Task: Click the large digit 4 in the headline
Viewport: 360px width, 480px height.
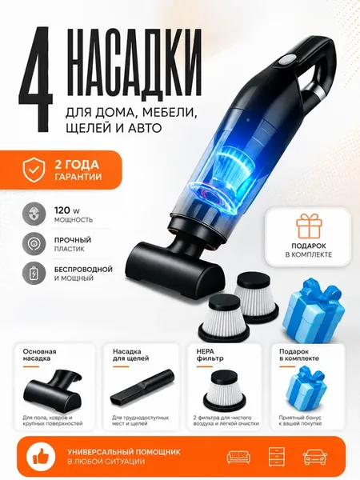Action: click(35, 79)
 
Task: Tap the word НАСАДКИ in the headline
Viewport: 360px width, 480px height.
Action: click(134, 62)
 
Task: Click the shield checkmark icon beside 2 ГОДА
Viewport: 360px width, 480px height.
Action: click(34, 170)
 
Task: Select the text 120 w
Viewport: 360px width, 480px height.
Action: click(67, 210)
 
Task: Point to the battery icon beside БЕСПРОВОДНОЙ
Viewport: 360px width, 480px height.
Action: click(34, 274)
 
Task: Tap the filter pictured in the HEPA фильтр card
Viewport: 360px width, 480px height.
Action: click(226, 388)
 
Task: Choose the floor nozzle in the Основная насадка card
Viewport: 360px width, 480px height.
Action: click(53, 387)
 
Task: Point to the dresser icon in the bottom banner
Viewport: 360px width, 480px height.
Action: click(277, 457)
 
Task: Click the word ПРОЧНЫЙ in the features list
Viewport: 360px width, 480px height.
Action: click(73, 240)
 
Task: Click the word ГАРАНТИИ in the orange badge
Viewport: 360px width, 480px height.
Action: click(78, 177)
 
